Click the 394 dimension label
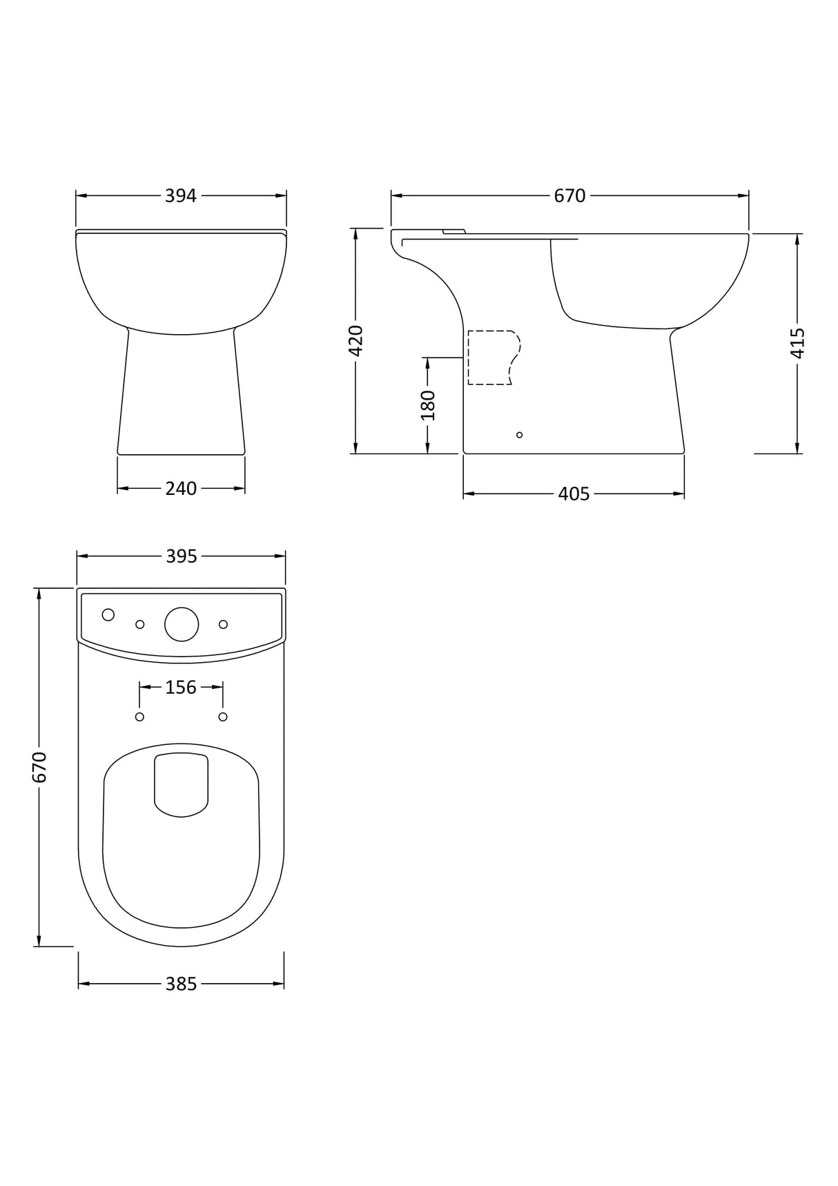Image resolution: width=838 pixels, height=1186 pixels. (x=181, y=196)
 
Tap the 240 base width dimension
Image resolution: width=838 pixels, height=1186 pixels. (x=181, y=489)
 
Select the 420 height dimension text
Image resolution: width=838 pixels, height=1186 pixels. (x=356, y=340)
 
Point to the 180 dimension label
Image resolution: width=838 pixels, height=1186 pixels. (x=428, y=405)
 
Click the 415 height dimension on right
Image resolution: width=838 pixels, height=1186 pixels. (x=798, y=343)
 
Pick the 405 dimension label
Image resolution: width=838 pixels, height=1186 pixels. (x=574, y=494)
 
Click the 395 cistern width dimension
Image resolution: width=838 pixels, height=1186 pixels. (x=181, y=556)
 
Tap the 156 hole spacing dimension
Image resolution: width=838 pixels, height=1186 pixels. (x=181, y=688)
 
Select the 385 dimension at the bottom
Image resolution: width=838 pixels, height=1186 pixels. (x=181, y=984)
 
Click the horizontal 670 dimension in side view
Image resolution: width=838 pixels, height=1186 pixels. (x=569, y=196)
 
